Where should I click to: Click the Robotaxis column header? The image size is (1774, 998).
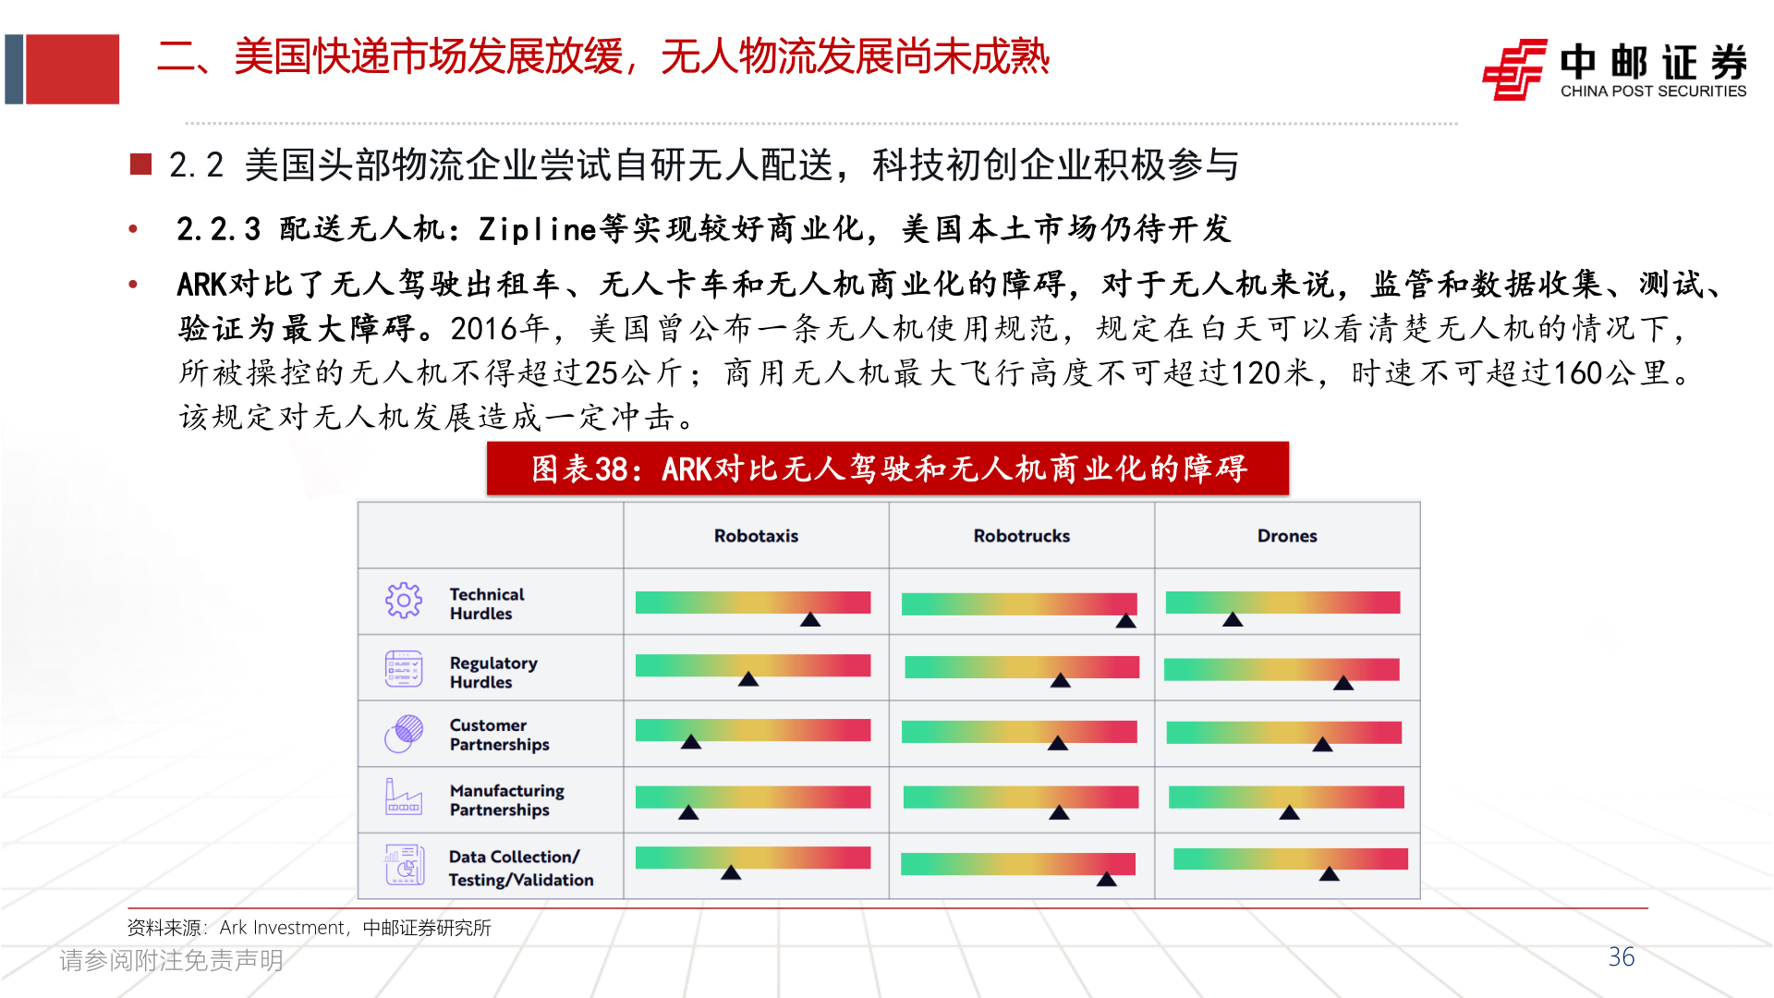[x=756, y=536]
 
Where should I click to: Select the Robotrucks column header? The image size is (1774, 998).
[x=1021, y=536]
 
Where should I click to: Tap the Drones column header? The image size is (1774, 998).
[x=1286, y=536]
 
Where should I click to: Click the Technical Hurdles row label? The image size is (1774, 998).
[x=486, y=603]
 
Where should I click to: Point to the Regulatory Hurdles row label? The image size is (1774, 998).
[x=492, y=672]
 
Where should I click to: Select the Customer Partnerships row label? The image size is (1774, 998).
[x=499, y=735]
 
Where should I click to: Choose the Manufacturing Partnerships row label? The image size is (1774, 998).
[x=506, y=800]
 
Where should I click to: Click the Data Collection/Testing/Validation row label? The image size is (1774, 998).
[x=520, y=868]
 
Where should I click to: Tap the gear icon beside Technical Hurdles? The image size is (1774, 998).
[x=404, y=601]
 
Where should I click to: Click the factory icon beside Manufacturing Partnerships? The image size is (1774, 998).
[x=404, y=797]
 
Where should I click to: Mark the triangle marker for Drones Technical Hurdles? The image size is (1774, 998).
[x=1233, y=620]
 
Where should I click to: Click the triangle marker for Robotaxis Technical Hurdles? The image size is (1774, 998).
[x=810, y=620]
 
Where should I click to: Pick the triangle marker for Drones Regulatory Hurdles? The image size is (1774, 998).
[x=1343, y=684]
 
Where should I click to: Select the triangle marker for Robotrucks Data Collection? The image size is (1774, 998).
[x=1106, y=880]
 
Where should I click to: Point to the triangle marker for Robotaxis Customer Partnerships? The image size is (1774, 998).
[x=691, y=742]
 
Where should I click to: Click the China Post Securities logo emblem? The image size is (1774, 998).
[x=1513, y=69]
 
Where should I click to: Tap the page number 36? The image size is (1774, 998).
[x=1621, y=957]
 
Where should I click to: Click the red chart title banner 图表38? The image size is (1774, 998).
[x=887, y=469]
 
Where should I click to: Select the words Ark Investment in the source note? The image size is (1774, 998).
[x=282, y=928]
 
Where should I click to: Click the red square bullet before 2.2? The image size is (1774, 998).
[x=140, y=164]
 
